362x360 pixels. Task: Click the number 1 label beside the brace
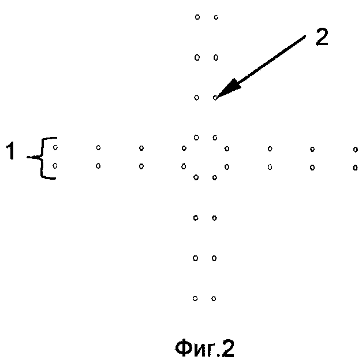click(x=11, y=150)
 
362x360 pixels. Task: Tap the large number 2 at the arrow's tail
click(x=322, y=37)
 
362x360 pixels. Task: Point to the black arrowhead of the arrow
click(x=229, y=88)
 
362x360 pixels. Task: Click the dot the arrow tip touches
click(x=215, y=98)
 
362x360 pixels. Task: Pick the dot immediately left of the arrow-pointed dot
click(x=196, y=98)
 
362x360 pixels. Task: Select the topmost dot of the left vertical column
click(x=197, y=17)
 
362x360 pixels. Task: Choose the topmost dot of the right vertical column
click(x=216, y=17)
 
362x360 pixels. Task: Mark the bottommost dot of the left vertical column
click(x=195, y=298)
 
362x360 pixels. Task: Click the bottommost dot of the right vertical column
click(x=214, y=299)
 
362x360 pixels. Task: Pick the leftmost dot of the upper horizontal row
click(x=55, y=147)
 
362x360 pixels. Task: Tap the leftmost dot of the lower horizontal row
click(x=55, y=166)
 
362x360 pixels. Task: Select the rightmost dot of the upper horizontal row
click(x=356, y=150)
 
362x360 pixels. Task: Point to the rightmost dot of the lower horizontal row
click(x=355, y=168)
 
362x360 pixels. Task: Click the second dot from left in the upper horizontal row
click(x=98, y=147)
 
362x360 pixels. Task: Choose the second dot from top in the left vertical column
click(x=197, y=57)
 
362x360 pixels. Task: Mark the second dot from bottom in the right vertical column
click(x=214, y=258)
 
